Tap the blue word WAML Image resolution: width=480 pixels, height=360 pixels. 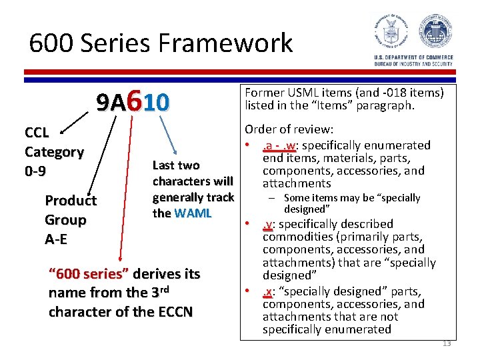click(x=193, y=213)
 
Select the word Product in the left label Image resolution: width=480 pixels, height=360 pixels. click(x=71, y=201)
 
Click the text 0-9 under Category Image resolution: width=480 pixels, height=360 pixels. click(x=36, y=171)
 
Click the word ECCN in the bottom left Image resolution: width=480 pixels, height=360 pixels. click(x=167, y=311)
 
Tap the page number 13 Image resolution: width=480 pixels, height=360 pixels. click(x=446, y=343)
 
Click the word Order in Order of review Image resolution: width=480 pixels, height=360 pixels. click(x=261, y=130)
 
